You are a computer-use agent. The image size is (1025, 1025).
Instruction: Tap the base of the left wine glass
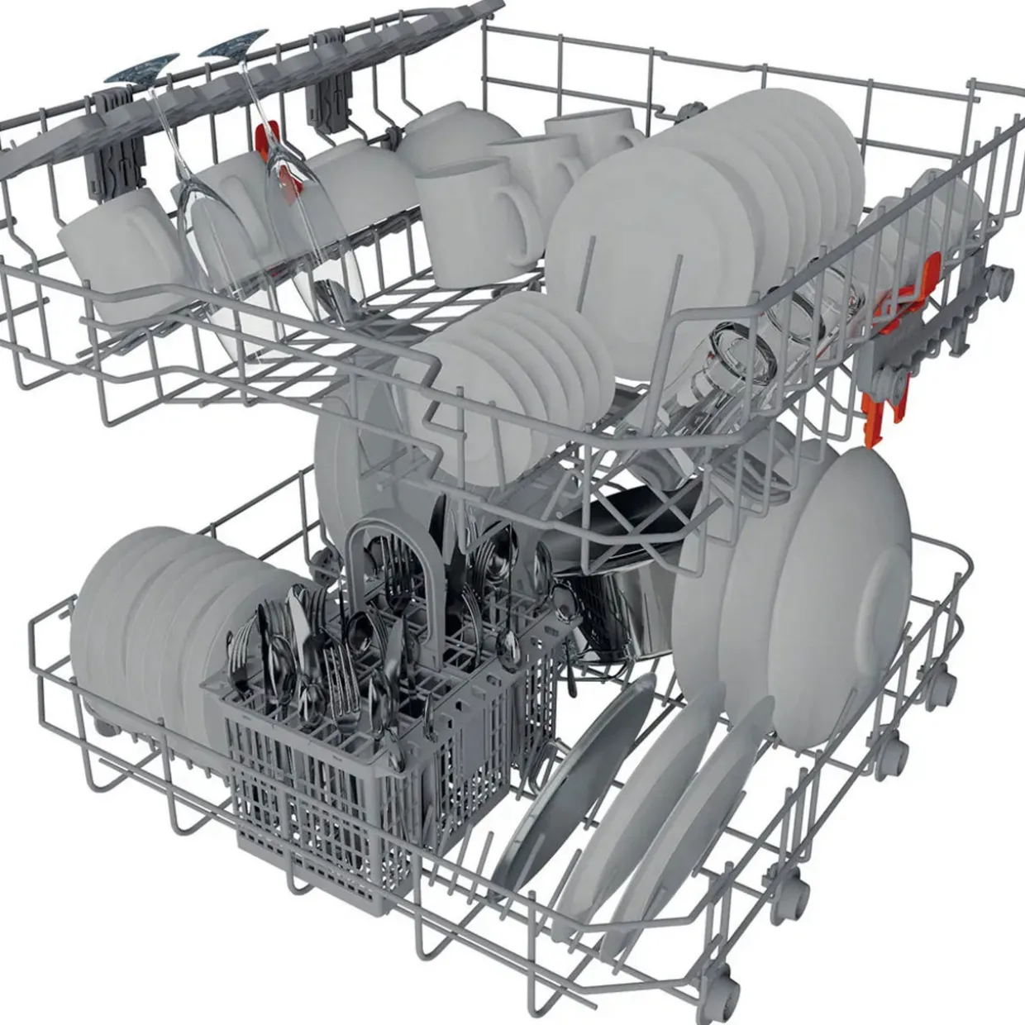(x=141, y=70)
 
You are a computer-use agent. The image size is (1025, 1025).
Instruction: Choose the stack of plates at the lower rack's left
(x=149, y=612)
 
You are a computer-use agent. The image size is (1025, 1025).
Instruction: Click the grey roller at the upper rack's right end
(x=1003, y=277)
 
